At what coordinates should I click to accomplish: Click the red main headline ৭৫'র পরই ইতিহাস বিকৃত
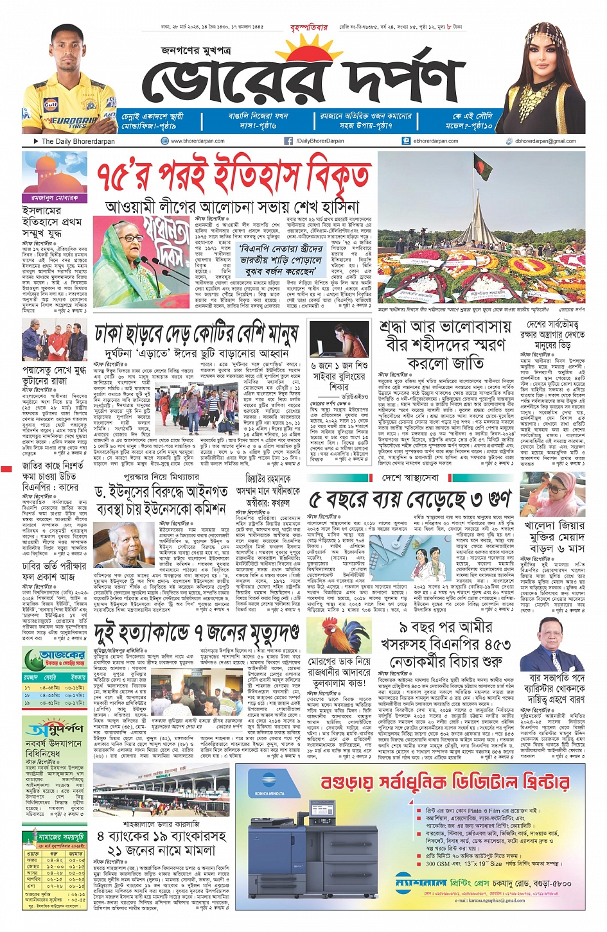(234, 176)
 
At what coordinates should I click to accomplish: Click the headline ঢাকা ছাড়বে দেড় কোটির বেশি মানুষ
(197, 334)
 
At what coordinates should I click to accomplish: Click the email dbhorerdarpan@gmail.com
(545, 141)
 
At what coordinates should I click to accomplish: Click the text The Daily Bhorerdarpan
(78, 141)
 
